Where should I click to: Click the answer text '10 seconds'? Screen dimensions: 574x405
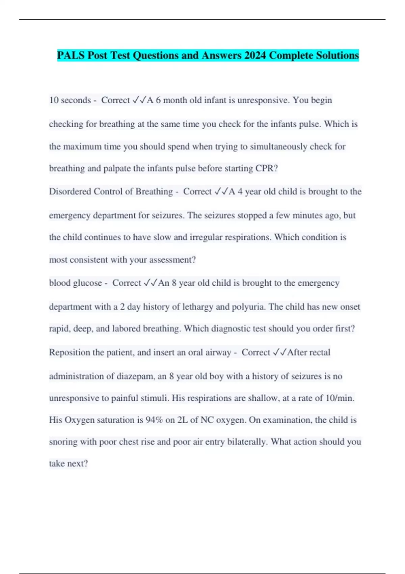point(70,100)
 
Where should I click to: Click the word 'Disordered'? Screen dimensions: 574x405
point(70,191)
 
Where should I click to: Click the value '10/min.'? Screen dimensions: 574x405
point(340,398)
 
